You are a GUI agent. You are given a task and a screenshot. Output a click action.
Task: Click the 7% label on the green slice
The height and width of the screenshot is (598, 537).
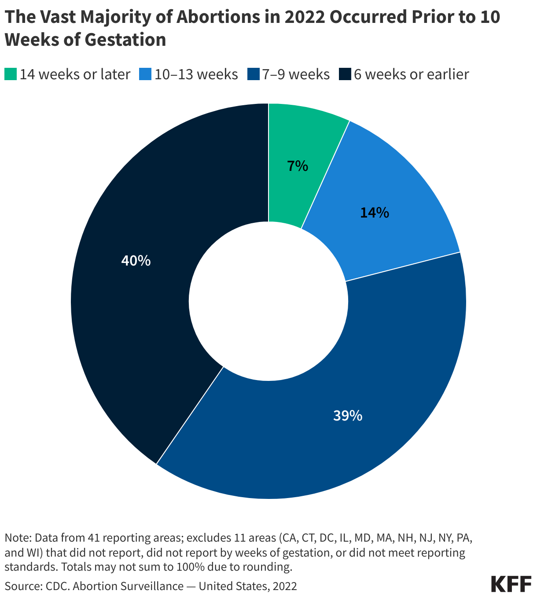[298, 166]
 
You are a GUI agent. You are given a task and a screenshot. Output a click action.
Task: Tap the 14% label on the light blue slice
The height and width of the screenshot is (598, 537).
[374, 213]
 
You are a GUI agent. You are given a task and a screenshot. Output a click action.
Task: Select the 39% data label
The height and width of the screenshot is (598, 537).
[348, 415]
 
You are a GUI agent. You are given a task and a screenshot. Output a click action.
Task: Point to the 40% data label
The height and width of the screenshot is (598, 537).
[136, 261]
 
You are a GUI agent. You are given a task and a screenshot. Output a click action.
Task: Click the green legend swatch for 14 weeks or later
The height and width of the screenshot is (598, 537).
[11, 74]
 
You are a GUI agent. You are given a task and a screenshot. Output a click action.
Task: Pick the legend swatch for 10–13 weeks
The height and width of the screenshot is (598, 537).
[145, 74]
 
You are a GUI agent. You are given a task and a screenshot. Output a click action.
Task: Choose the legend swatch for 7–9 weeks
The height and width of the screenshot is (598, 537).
[253, 74]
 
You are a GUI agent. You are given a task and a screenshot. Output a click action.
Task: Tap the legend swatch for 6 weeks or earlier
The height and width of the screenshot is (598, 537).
[345, 74]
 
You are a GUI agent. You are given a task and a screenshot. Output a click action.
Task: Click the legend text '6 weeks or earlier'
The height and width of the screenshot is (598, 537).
[411, 74]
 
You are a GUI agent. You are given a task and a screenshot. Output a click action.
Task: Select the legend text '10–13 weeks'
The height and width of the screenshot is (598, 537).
[196, 74]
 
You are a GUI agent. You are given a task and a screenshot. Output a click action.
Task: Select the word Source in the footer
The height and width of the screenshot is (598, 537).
[18, 586]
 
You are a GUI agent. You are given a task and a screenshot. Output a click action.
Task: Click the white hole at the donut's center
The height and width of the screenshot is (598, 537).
[268, 301]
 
